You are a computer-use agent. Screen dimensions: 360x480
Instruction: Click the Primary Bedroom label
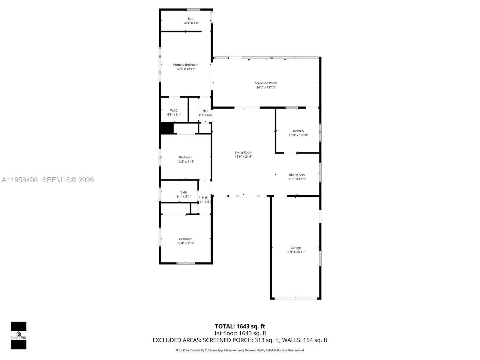[x=186, y=64]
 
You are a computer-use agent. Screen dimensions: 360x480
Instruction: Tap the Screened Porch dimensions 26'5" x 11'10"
[x=266, y=88]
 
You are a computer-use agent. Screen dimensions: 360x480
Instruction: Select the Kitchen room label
[x=298, y=131]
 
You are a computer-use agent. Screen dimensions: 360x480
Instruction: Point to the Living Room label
[x=243, y=152]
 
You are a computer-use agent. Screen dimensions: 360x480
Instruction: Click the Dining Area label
[x=297, y=175]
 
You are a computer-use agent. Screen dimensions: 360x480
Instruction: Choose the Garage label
[x=295, y=248]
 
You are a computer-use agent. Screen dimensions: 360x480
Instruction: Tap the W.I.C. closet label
[x=174, y=110]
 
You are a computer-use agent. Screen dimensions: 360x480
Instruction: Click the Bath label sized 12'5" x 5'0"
[x=191, y=19]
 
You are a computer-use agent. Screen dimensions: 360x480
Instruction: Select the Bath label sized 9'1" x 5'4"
[x=184, y=192]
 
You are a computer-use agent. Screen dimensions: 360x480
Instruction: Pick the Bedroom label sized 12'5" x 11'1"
[x=186, y=157]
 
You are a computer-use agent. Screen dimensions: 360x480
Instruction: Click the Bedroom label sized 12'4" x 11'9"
[x=186, y=239]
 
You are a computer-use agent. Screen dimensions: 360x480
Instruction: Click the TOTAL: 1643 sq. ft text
[x=240, y=326]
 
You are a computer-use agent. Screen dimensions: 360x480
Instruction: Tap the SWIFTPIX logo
[x=19, y=335]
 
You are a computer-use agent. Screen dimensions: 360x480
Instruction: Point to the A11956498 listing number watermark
[x=20, y=180]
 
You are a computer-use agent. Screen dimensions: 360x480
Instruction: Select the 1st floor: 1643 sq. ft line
[x=240, y=333]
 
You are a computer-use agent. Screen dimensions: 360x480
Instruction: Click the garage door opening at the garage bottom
[x=296, y=298]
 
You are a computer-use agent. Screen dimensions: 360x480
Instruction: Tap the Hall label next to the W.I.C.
[x=205, y=111]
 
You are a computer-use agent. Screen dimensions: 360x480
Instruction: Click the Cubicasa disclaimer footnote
[x=240, y=350]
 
